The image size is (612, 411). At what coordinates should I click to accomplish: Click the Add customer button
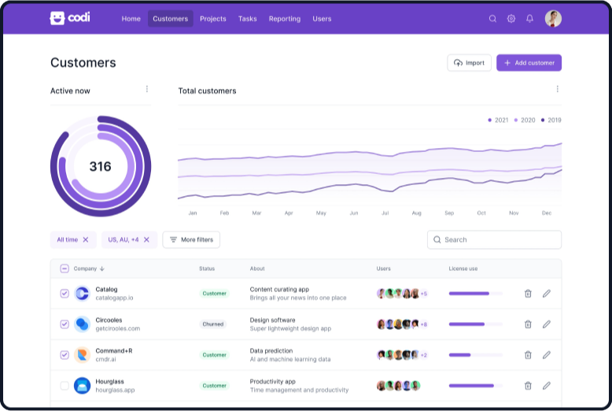529,63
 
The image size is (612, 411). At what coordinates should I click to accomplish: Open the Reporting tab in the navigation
284,19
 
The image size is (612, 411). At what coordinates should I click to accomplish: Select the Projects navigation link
212,19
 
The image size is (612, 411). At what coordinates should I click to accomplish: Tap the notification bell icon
529,19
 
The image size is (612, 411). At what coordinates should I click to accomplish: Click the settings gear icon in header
511,19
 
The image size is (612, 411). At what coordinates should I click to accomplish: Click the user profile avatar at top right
553,19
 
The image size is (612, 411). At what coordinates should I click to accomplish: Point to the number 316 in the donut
100,166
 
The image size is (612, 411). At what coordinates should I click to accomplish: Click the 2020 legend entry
525,120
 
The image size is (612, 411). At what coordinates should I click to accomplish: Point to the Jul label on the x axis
385,213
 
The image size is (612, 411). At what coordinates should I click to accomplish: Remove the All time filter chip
86,239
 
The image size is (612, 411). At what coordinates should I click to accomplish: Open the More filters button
191,239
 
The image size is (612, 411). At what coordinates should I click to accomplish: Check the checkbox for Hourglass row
65,386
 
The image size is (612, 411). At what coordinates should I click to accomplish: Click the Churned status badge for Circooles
214,324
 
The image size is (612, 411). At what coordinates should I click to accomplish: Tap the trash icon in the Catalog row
528,294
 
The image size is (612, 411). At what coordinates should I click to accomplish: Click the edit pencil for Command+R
547,355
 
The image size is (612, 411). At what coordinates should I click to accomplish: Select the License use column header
463,268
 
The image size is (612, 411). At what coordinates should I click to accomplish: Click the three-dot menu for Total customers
557,90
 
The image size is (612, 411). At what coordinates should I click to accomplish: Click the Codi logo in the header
69,18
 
